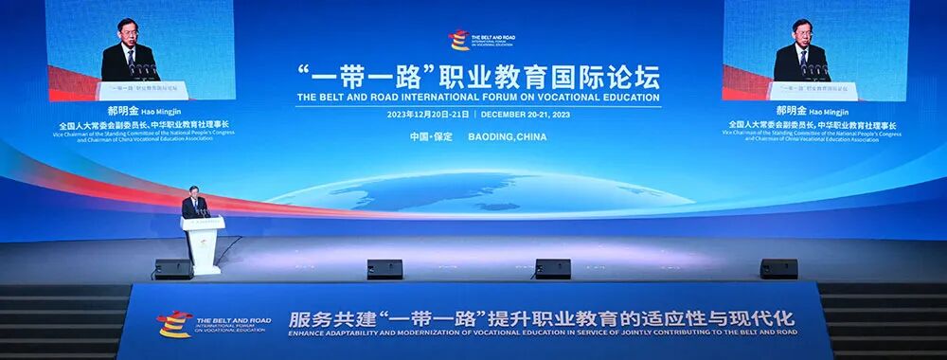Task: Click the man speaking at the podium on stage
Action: (x=194, y=203)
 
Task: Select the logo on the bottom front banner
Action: (x=174, y=324)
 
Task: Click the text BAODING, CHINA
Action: (x=508, y=136)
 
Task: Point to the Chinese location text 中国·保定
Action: (x=431, y=136)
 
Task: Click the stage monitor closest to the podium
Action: (x=173, y=269)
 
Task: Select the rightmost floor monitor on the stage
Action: (x=778, y=268)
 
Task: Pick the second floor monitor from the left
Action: (x=384, y=269)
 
